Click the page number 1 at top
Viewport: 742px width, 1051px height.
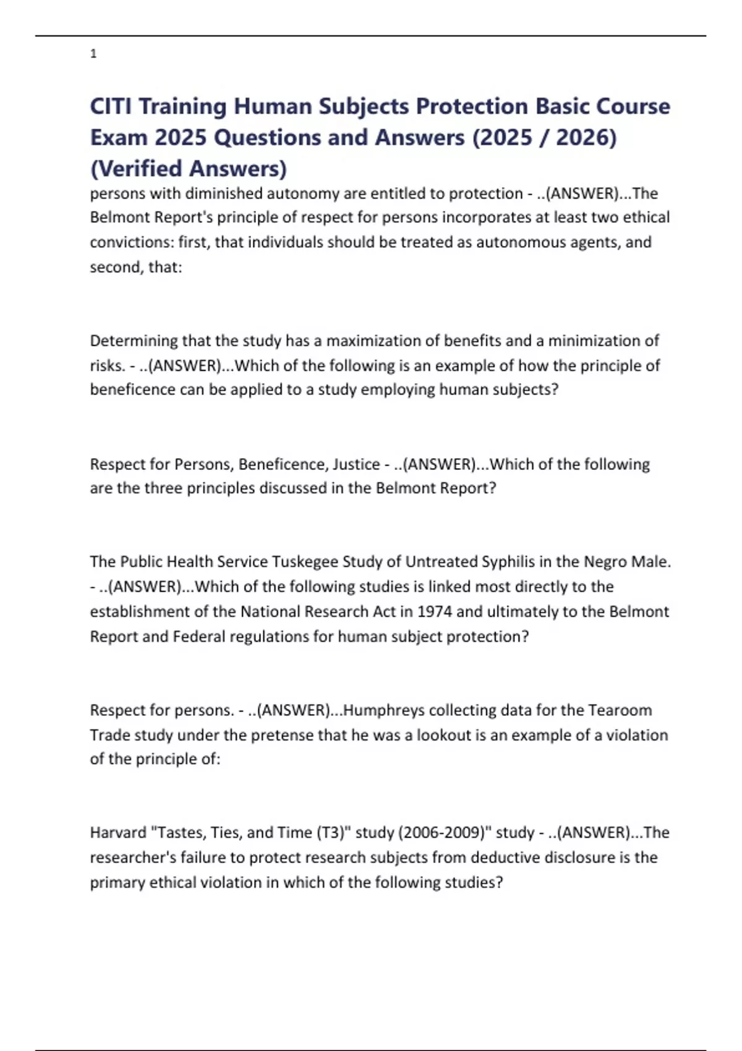click(x=93, y=54)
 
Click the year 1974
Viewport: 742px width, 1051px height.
click(x=435, y=611)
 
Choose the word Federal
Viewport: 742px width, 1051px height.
click(x=199, y=636)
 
